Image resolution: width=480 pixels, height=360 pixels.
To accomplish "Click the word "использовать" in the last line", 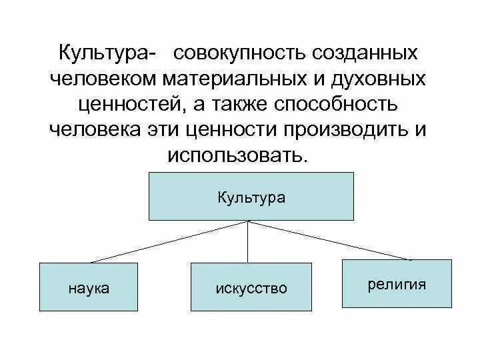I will pyautogui.click(x=239, y=155).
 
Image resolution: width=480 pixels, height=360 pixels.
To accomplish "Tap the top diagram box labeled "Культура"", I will pyautogui.click(x=251, y=196).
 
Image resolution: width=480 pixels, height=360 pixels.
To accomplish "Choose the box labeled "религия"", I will pyautogui.click(x=396, y=283).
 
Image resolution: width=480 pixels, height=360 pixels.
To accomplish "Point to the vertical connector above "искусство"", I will pyautogui.click(x=249, y=241).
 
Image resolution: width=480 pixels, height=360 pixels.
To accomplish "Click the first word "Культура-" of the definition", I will pyautogui.click(x=109, y=53).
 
